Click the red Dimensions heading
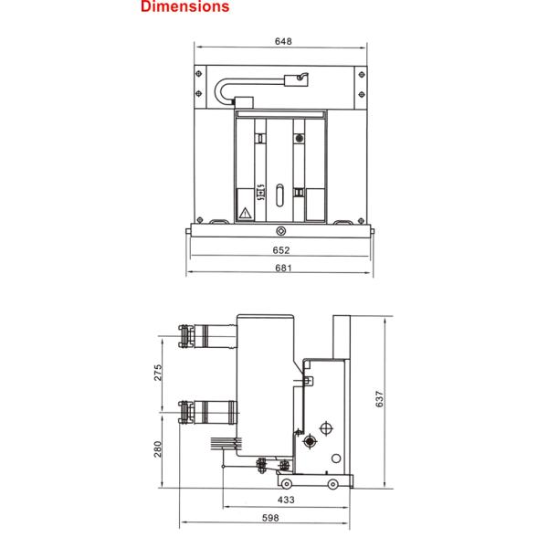(x=184, y=6)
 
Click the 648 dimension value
(x=283, y=41)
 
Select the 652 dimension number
(x=281, y=250)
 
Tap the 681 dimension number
(x=283, y=268)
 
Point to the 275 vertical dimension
(x=158, y=373)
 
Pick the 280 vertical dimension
(x=158, y=449)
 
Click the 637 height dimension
(x=380, y=399)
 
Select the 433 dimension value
(x=286, y=500)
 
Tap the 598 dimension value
(x=270, y=518)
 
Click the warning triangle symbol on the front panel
(x=245, y=213)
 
